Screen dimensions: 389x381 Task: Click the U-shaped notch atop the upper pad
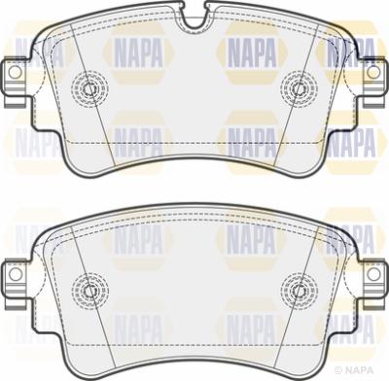point(194,18)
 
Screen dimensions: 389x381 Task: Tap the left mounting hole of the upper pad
point(15,72)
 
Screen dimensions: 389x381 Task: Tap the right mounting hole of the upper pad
point(373,72)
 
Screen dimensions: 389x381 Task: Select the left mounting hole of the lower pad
point(15,274)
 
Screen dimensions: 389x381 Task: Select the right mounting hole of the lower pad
point(373,274)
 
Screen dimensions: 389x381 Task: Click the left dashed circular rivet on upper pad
point(89,88)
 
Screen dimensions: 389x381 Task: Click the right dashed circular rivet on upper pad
point(299,88)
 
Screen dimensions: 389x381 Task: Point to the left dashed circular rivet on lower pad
point(89,291)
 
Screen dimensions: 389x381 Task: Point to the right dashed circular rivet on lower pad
point(299,291)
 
